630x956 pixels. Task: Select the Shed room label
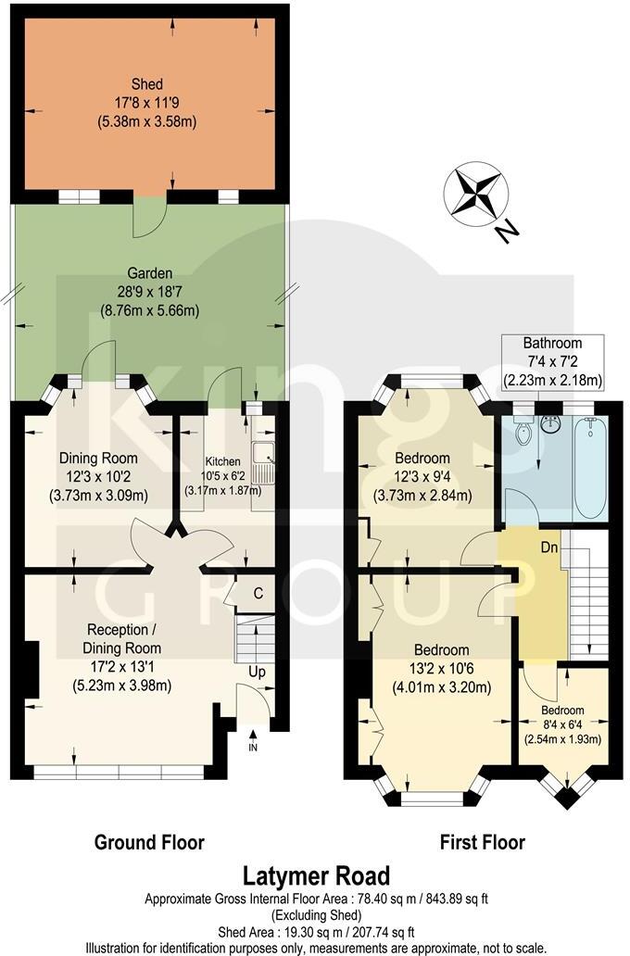pyautogui.click(x=149, y=85)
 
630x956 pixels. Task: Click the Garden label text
pyautogui.click(x=149, y=273)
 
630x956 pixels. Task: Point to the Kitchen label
pyautogui.click(x=222, y=461)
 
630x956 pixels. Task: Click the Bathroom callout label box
pyautogui.click(x=551, y=361)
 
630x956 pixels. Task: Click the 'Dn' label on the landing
pyautogui.click(x=548, y=546)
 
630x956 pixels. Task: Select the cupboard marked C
pyautogui.click(x=246, y=594)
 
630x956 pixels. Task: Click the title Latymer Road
pyautogui.click(x=316, y=875)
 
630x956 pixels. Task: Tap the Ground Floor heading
pyautogui.click(x=149, y=842)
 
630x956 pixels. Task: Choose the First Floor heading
pyautogui.click(x=481, y=842)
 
